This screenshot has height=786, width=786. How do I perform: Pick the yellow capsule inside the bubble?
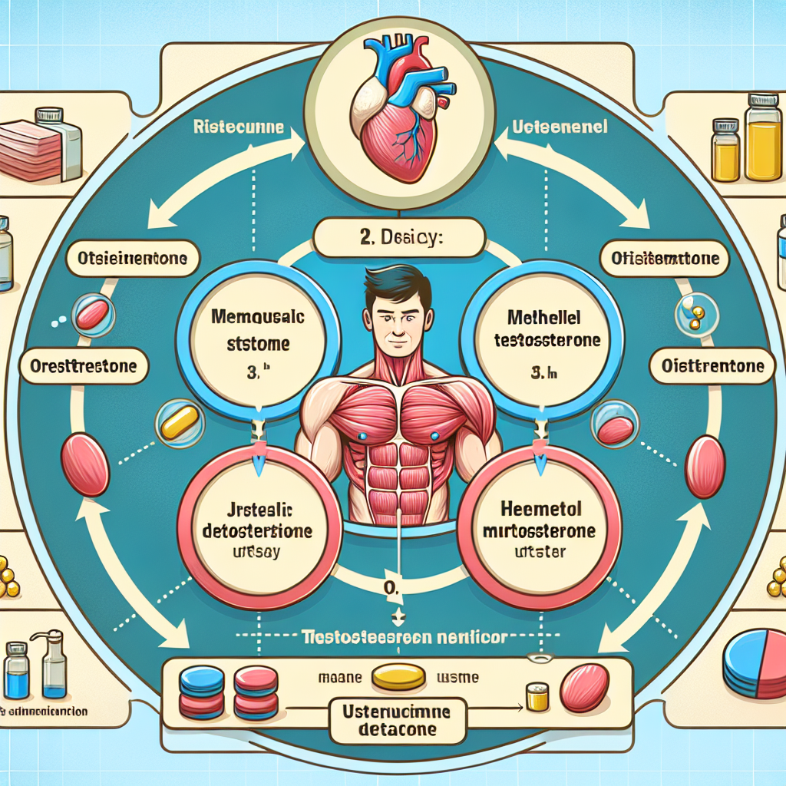pos(179,423)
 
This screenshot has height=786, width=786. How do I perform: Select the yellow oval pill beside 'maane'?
pos(398,676)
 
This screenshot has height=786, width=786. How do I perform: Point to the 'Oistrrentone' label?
pos(712,366)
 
